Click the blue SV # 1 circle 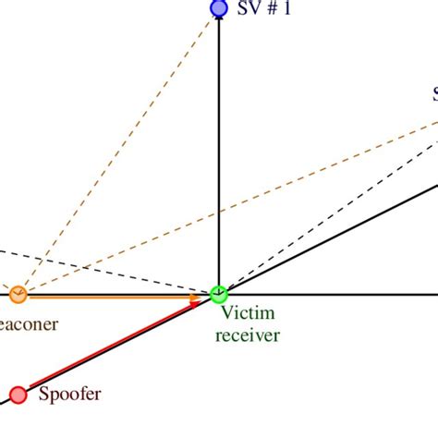point(219,9)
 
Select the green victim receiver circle point(219,295)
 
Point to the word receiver point(247,335)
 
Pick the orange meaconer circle point(18,295)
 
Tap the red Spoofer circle point(18,395)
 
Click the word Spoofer point(69,395)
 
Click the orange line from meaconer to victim point(111,296)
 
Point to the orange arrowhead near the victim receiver point(195,298)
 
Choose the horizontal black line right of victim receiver point(333,295)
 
